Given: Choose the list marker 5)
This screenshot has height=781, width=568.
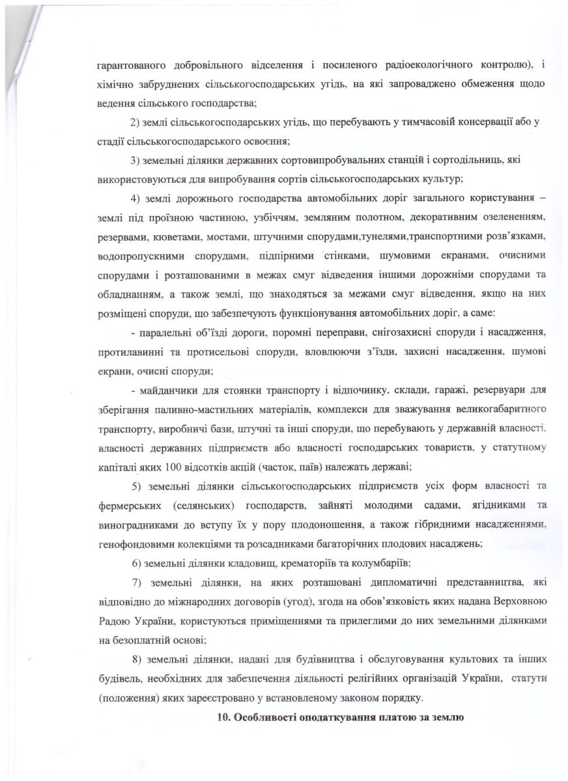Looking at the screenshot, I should coord(137,486).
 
